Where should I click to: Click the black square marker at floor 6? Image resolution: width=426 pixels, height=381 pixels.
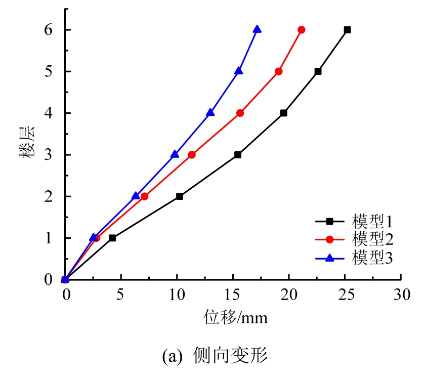(x=347, y=30)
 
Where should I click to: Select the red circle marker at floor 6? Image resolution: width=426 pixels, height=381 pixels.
(x=302, y=30)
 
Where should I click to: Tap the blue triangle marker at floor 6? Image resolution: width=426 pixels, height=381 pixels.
(x=257, y=29)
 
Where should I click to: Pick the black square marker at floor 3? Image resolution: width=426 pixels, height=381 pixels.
(x=238, y=155)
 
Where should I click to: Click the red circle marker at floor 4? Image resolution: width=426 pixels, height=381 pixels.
(x=240, y=113)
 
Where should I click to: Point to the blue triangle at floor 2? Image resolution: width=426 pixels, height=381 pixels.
(x=136, y=196)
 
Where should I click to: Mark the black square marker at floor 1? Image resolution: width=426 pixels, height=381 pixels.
(x=112, y=238)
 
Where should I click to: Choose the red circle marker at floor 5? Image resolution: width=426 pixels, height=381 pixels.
(x=279, y=71)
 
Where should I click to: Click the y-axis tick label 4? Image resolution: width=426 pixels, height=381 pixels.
(x=49, y=113)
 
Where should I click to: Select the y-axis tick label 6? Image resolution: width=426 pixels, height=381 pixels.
(x=49, y=30)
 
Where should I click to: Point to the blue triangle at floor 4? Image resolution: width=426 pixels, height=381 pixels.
(x=210, y=112)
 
